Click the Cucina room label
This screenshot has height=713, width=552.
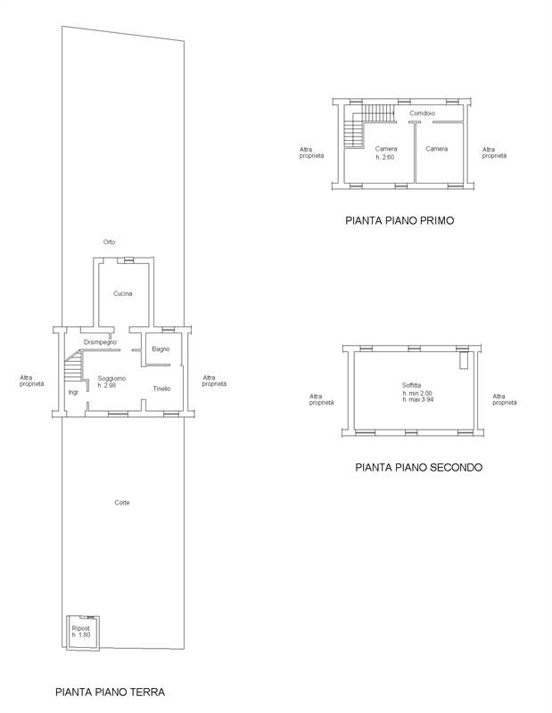tap(123, 293)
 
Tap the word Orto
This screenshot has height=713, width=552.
tap(109, 242)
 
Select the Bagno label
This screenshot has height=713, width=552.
tap(161, 348)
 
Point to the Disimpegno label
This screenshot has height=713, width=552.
tap(101, 342)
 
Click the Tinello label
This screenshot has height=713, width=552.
tap(161, 389)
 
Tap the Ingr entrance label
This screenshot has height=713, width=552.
tap(72, 392)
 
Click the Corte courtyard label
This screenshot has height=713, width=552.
tap(122, 503)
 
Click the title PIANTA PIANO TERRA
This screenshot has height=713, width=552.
tap(110, 691)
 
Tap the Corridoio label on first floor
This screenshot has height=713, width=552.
tap(422, 113)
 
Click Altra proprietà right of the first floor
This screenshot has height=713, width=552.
tap(494, 152)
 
